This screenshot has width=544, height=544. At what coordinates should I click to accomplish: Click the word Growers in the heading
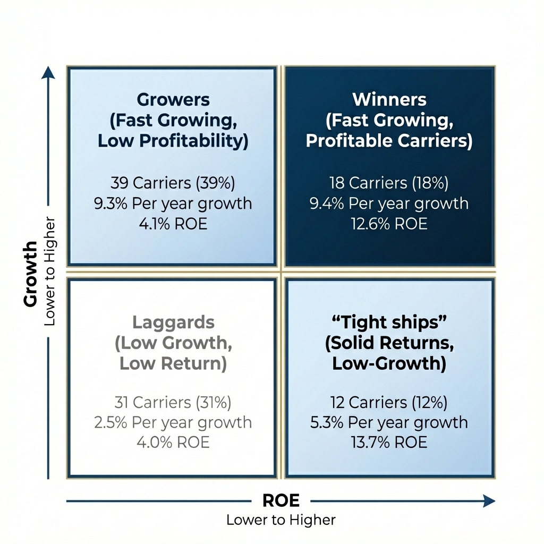point(173,99)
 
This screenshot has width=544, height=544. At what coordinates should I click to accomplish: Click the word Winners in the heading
point(389,99)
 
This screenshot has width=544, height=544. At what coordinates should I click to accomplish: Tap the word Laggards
point(173,322)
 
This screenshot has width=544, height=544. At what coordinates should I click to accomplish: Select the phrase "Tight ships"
point(389,322)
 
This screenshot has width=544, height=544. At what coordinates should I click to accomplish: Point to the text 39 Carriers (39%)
point(173,183)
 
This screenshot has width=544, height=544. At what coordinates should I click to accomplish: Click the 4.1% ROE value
point(173,224)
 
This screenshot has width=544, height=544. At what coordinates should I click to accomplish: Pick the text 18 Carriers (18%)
point(389,183)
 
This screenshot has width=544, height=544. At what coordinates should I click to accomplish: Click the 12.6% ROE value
point(389,224)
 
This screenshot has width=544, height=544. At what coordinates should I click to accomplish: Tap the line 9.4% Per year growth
point(389,203)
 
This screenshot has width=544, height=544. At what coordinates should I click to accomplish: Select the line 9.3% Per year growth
point(173,203)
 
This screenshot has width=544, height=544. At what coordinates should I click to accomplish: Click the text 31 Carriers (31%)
point(173,402)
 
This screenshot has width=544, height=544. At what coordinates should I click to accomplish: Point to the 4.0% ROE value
point(173,442)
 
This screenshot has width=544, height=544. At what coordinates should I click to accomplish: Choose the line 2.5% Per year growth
point(173,422)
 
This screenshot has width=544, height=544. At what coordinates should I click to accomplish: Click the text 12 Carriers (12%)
point(389,402)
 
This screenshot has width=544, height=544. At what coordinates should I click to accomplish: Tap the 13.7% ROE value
point(389,442)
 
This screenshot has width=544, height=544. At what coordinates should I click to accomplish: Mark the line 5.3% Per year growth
point(389,422)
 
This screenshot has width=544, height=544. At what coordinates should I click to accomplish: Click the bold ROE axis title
point(281,500)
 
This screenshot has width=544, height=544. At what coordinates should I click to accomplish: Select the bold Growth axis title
point(31,274)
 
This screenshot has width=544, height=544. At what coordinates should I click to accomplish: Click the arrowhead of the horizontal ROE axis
point(489,500)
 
